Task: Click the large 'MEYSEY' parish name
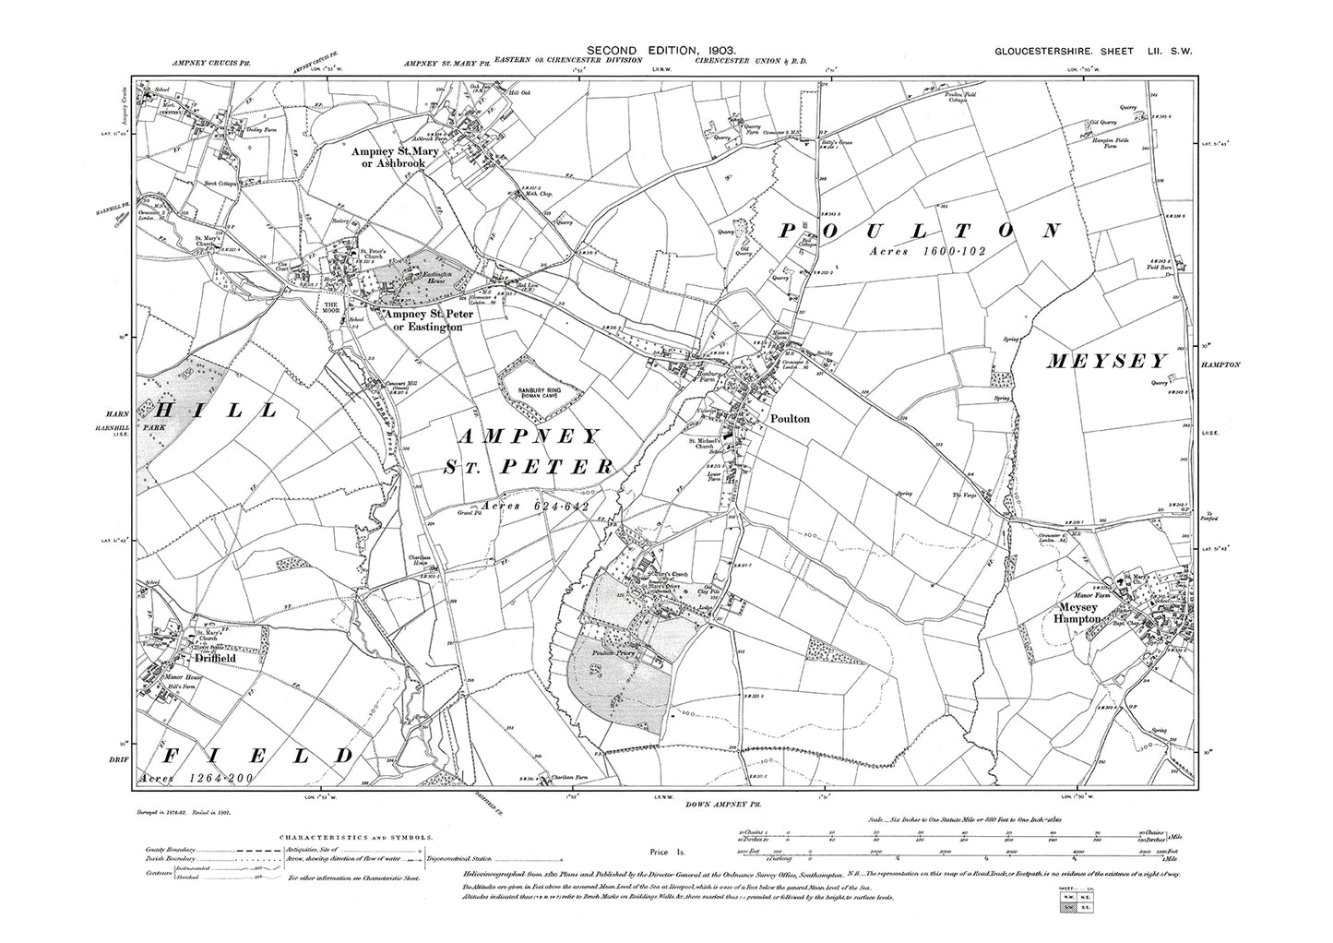1107,363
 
